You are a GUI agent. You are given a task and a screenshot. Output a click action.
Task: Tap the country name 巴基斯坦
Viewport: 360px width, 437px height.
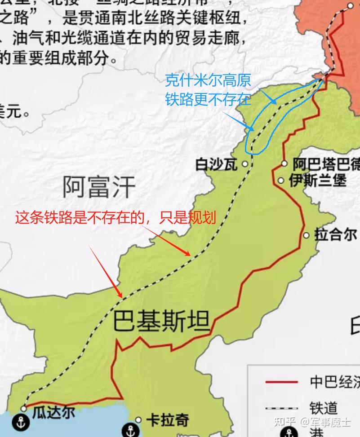pyautogui.click(x=161, y=322)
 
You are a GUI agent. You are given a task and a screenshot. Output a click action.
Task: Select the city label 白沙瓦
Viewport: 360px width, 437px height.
pyautogui.click(x=216, y=165)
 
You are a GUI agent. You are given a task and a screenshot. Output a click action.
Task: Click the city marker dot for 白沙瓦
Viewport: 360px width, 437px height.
pyautogui.click(x=245, y=164)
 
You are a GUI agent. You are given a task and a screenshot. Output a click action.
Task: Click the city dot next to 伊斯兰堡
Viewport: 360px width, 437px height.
pyautogui.click(x=281, y=181)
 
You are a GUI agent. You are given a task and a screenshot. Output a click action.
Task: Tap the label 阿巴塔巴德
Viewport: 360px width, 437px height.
pyautogui.click(x=326, y=164)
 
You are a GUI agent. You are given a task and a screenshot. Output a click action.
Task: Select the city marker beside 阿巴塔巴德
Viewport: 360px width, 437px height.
pyautogui.click(x=284, y=164)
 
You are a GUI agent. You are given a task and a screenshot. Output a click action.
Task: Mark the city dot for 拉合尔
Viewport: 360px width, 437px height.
pyautogui.click(x=307, y=235)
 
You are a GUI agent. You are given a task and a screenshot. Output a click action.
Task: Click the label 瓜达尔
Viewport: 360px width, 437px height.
pyautogui.click(x=54, y=411)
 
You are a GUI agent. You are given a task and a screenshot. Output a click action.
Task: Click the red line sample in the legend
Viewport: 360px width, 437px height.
pyautogui.click(x=281, y=382)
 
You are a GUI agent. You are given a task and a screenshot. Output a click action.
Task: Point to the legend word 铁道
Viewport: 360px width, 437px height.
pyautogui.click(x=323, y=408)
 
